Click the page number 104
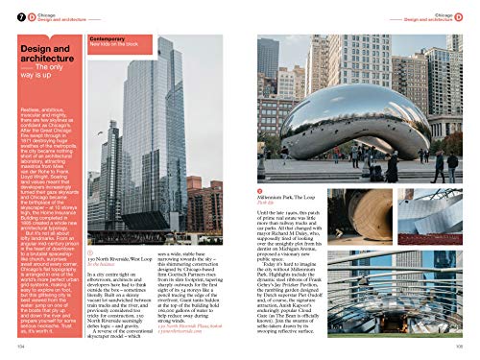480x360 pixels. click(19, 349)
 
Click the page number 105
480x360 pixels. click(459, 349)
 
